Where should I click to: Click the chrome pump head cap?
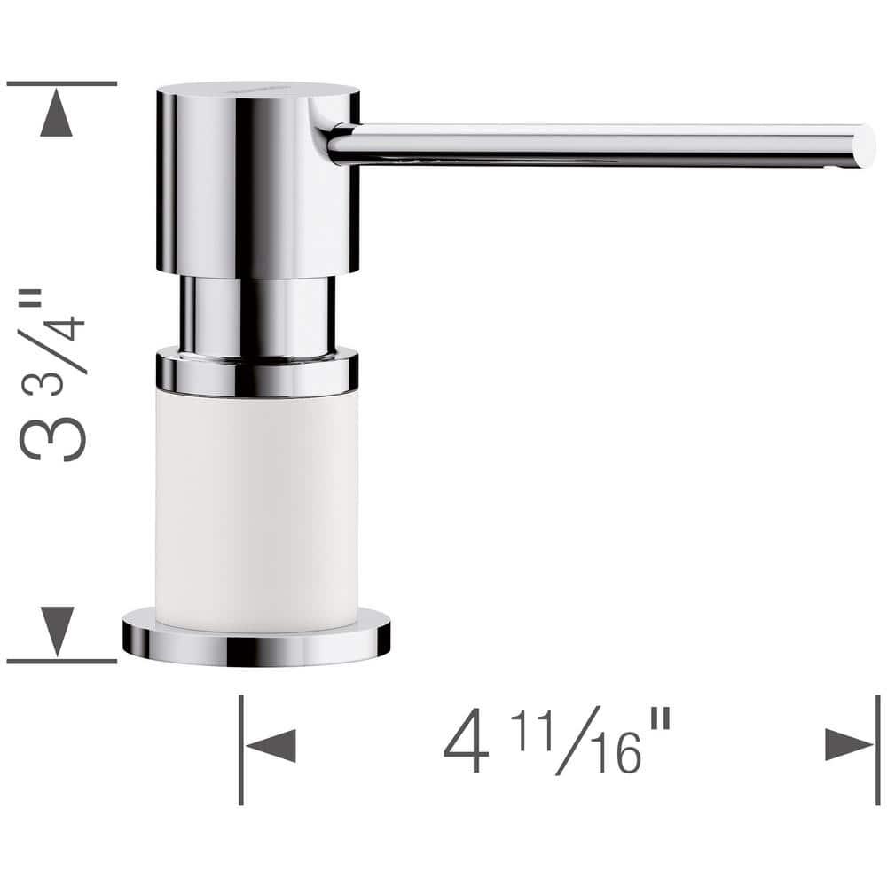tap(257, 177)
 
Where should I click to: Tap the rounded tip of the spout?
tap(862, 146)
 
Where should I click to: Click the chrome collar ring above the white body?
tap(257, 373)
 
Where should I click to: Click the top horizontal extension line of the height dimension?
tap(61, 83)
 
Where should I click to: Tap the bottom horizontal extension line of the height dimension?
tap(61, 662)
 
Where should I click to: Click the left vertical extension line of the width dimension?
tap(240, 750)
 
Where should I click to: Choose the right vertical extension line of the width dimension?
tap(877, 750)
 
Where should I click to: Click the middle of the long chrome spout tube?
tap(594, 145)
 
